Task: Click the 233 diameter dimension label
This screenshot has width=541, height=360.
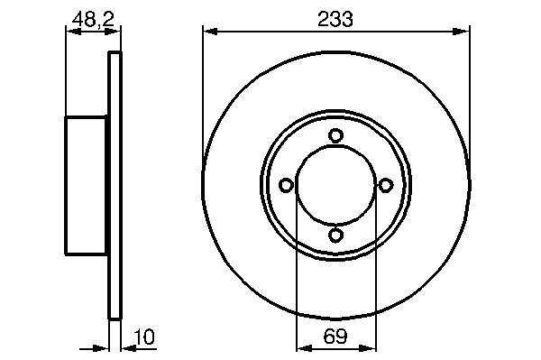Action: [335, 19]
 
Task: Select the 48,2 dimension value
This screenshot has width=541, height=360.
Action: [93, 19]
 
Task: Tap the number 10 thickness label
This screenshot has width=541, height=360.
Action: [144, 337]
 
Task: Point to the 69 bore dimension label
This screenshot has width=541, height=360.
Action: [335, 336]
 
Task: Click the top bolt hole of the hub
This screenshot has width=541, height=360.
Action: [335, 135]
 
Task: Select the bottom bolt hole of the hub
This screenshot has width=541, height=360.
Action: [335, 235]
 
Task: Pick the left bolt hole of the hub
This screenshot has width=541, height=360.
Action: [286, 185]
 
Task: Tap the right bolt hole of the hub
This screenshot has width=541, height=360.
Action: [385, 185]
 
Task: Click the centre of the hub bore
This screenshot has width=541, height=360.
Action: [335, 185]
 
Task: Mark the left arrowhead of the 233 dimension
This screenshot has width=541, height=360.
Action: [210, 32]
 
